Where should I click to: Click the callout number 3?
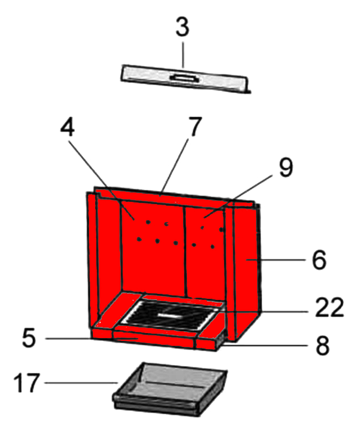point(182,27)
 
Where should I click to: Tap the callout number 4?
point(67,128)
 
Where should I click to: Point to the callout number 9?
point(286,168)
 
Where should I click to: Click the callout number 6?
point(319,259)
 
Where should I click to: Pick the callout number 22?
point(330,307)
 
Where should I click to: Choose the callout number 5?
point(29,338)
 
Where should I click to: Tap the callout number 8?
point(322,346)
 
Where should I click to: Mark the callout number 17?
point(27,383)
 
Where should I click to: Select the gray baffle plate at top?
point(186,79)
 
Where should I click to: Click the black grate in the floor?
point(170,315)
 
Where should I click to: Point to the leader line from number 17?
point(82,383)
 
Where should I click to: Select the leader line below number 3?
point(183,54)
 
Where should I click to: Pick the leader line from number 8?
point(264,345)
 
